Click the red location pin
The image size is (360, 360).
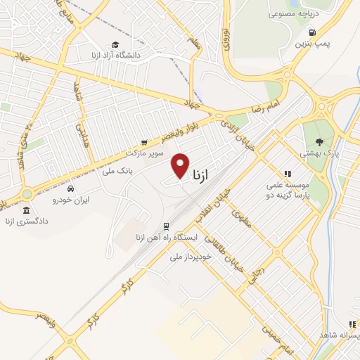pyautogui.click(x=181, y=165)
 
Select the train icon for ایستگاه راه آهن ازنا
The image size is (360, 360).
pyautogui.click(x=166, y=226)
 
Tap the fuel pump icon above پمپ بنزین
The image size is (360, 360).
pyautogui.click(x=311, y=32)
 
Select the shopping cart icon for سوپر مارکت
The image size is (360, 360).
pyautogui.click(x=144, y=141)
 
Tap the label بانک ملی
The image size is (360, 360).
pyautogui.click(x=117, y=169)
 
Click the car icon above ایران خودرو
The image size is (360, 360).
pyautogui.click(x=70, y=189)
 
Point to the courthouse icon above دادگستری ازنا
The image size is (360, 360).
pyautogui.click(x=26, y=210)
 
